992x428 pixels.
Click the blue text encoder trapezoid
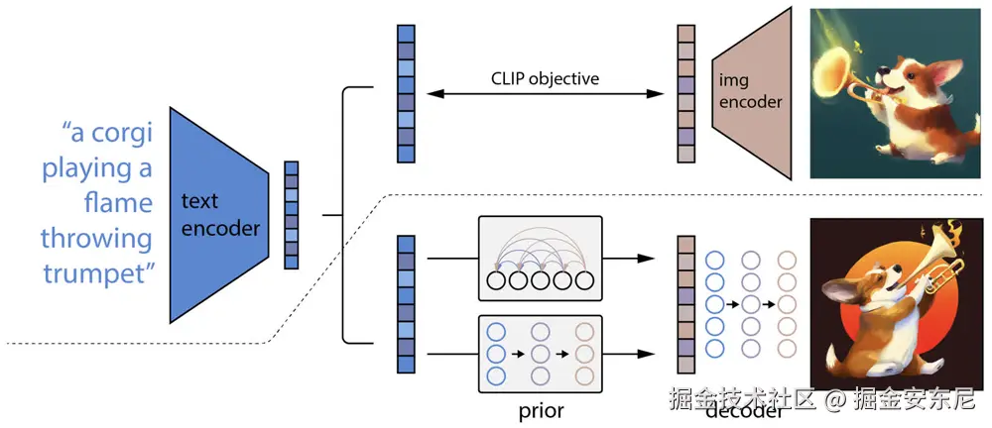pos(218,215)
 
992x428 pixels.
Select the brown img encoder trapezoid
pos(753,93)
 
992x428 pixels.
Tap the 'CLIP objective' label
pos(545,79)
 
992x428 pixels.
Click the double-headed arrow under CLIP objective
pos(546,94)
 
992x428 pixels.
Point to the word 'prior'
pos(541,411)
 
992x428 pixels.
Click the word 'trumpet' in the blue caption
pos(98,274)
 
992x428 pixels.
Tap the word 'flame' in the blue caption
pos(118,203)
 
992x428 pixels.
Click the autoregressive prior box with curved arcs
pos(541,258)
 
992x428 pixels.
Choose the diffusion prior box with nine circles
pos(541,354)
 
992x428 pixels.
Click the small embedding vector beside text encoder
pos(291,216)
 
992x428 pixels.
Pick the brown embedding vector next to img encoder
pos(686,93)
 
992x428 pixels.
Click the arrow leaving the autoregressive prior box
pos(628,258)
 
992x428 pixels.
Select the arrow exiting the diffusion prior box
pos(628,354)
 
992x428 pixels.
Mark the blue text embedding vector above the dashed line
pos(406,93)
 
